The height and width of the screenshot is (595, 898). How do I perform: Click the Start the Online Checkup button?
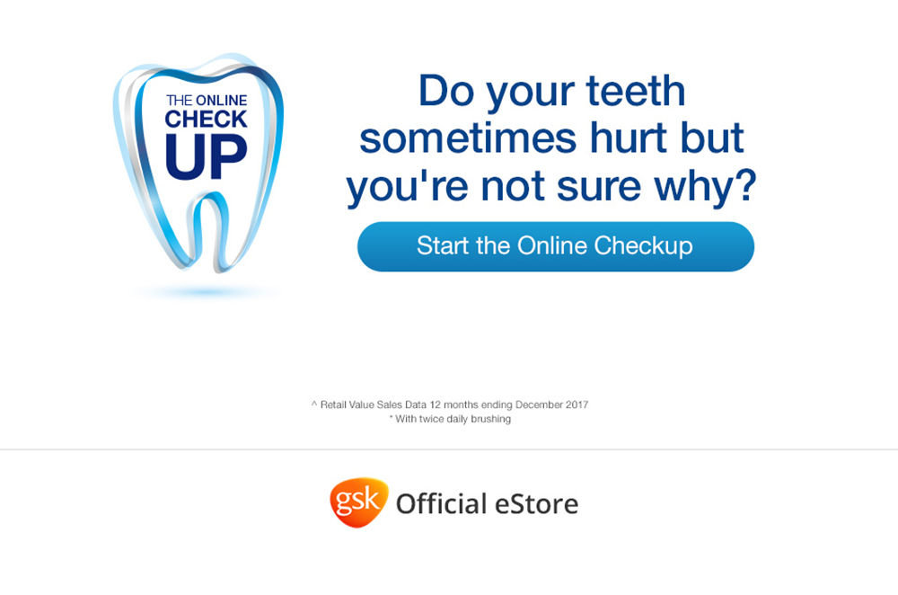(x=556, y=246)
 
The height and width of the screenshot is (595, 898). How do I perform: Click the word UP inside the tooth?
(x=207, y=156)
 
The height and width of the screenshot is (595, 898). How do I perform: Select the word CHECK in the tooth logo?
(x=207, y=120)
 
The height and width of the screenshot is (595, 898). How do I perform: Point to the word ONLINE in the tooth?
(x=221, y=101)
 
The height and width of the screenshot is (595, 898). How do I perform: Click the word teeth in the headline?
(x=636, y=91)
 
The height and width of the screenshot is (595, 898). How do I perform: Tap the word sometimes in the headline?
(x=468, y=138)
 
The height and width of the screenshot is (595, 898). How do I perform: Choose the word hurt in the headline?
(x=629, y=138)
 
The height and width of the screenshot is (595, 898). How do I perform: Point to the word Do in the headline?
(x=446, y=91)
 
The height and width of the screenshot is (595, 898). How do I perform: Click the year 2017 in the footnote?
(x=577, y=404)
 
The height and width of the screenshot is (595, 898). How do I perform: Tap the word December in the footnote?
(x=539, y=404)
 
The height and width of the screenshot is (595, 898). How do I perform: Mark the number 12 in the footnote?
(x=436, y=404)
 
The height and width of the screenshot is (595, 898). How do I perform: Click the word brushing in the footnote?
(x=491, y=419)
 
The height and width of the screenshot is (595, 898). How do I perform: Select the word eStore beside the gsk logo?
(x=537, y=504)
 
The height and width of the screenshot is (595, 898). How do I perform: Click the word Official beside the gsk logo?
(x=442, y=504)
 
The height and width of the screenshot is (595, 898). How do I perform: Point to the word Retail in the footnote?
(x=331, y=404)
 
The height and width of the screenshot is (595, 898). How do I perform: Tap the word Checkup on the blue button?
(x=643, y=246)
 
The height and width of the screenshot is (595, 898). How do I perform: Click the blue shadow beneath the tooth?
(x=207, y=292)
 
